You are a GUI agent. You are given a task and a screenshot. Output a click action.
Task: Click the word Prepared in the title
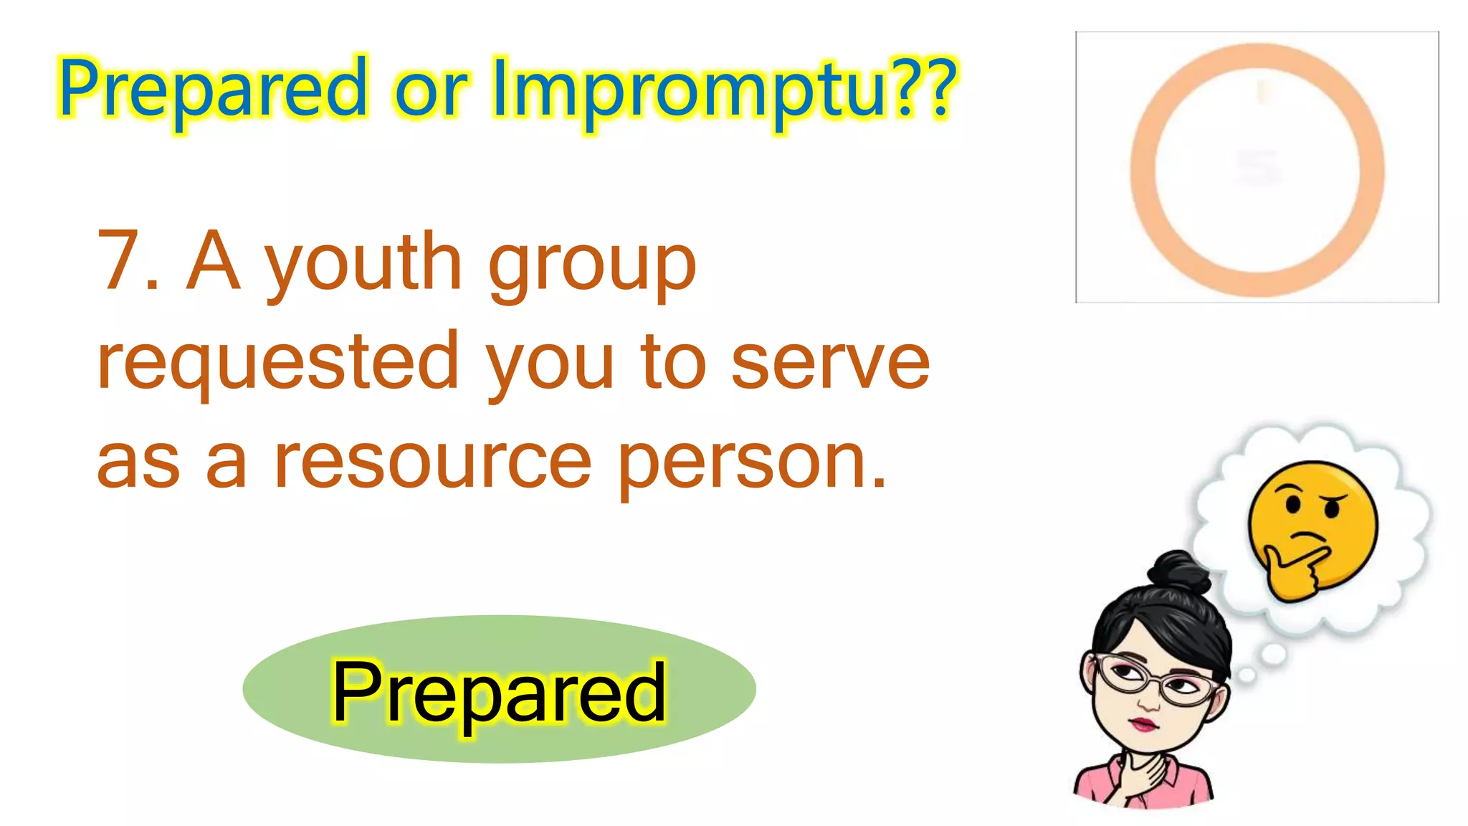[x=213, y=90]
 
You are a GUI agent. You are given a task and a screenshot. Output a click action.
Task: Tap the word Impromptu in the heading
[x=688, y=90]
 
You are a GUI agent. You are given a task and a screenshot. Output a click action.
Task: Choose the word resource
[x=433, y=462]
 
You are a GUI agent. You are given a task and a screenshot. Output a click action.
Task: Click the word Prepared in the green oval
[x=499, y=692]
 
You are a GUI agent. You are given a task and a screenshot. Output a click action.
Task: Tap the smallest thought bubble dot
[x=1247, y=675]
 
